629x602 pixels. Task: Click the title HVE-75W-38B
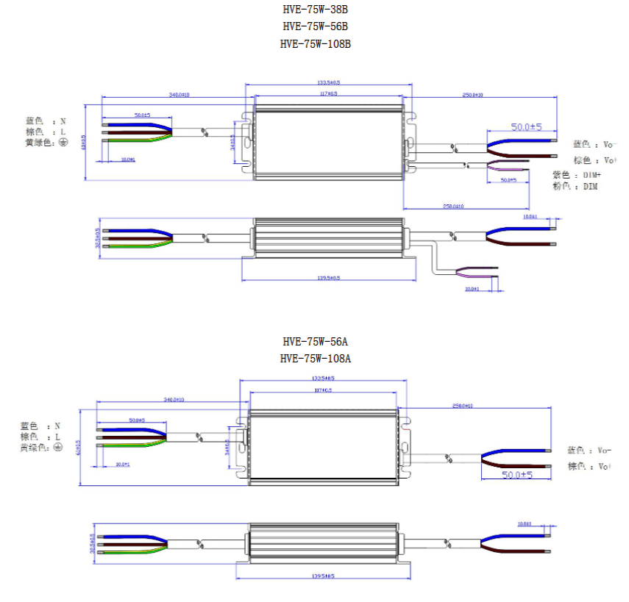[315, 10]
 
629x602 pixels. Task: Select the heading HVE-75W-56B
[315, 26]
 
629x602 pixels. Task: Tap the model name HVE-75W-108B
[315, 43]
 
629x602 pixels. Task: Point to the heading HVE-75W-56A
[315, 342]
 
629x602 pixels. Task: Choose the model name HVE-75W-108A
[315, 359]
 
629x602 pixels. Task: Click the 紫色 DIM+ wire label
[577, 175]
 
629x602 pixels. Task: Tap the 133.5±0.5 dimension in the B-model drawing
[327, 84]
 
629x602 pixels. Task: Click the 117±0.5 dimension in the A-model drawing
[323, 390]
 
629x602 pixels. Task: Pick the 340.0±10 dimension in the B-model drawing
[180, 95]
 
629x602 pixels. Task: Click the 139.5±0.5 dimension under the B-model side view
[327, 278]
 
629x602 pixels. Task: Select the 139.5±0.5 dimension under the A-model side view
[322, 576]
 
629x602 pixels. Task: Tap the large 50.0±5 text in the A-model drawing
[517, 476]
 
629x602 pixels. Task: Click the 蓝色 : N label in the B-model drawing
[46, 121]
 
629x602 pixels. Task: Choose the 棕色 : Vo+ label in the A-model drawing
[589, 467]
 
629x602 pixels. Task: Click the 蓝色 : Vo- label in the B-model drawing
[595, 144]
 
